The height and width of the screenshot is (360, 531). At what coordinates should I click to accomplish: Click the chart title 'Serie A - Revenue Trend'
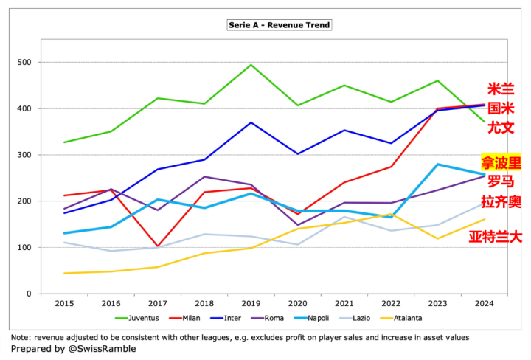click(279, 25)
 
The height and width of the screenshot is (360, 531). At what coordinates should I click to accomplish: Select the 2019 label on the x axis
click(251, 303)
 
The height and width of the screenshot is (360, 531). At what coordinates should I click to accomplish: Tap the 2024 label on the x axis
click(484, 303)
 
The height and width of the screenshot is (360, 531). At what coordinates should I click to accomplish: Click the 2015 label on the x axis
click(64, 303)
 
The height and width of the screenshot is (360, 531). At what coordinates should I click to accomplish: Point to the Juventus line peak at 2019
click(251, 65)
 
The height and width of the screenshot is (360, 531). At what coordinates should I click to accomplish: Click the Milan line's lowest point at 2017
click(158, 246)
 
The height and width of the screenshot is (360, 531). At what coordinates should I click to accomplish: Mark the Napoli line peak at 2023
click(437, 165)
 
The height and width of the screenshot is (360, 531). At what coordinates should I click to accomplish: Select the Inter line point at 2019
click(251, 122)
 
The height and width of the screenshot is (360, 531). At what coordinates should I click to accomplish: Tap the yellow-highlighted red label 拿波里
click(501, 162)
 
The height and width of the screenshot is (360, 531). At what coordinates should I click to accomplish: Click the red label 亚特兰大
click(495, 237)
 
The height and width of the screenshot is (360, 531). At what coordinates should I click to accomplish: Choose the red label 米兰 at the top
click(501, 89)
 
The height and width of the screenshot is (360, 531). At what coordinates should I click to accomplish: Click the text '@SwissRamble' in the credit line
click(101, 349)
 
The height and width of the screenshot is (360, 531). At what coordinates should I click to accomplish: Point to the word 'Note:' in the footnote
click(22, 337)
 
